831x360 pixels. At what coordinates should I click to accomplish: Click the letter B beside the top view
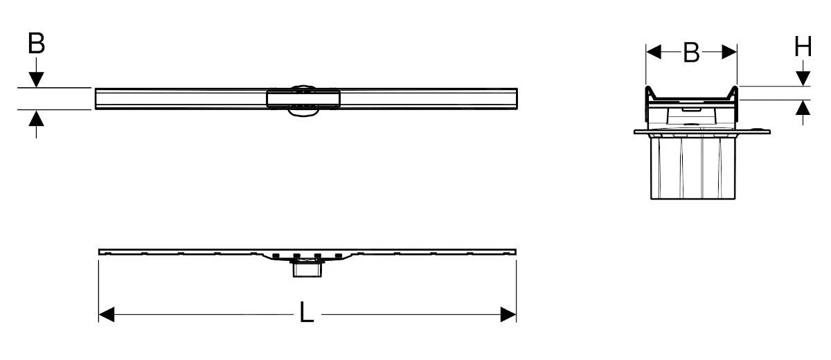coord(36,43)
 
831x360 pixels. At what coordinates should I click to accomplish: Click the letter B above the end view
coord(690,53)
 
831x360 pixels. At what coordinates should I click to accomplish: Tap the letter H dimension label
coord(803,47)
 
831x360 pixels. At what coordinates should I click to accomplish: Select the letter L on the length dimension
coord(306,314)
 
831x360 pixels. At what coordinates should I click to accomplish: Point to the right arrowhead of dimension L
coord(508,315)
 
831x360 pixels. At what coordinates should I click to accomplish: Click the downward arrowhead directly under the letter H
coord(803,78)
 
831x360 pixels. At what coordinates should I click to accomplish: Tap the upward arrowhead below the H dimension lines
coord(803,108)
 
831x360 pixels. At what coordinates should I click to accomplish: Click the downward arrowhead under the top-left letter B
coord(36,80)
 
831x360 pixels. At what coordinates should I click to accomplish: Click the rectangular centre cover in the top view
coord(304,99)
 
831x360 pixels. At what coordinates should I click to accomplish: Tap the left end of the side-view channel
coord(101,251)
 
